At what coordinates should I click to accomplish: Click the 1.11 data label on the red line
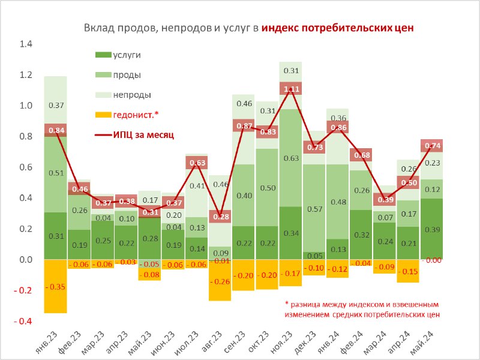291,89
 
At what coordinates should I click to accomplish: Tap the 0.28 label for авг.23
220,217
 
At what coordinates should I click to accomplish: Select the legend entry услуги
118,55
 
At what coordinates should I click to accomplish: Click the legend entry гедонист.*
127,115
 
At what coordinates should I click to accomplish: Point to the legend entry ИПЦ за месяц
134,134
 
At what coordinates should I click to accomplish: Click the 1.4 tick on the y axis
26,44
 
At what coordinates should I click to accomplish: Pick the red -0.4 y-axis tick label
23,321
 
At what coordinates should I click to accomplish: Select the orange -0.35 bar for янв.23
56,286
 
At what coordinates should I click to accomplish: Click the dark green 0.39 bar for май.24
432,229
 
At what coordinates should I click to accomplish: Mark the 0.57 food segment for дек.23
314,208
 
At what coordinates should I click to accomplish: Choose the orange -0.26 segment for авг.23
220,281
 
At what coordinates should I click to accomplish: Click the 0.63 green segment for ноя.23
291,158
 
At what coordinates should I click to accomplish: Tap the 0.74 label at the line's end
432,146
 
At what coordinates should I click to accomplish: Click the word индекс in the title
281,28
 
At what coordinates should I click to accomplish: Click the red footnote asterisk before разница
287,304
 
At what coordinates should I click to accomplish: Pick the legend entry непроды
123,95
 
